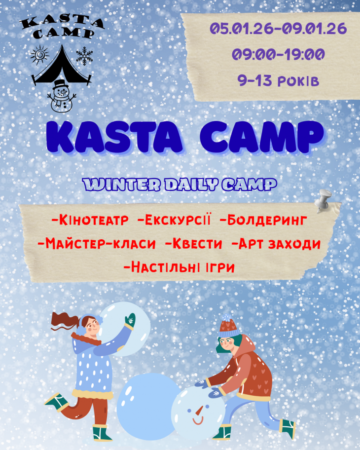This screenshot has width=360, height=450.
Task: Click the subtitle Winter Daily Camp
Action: coord(180,185)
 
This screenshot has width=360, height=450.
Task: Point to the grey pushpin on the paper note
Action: coord(326,201)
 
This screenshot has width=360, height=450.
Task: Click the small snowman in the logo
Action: coord(60,95)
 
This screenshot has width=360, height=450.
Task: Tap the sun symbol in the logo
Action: coord(38,56)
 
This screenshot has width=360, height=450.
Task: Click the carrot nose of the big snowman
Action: coord(198,411)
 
